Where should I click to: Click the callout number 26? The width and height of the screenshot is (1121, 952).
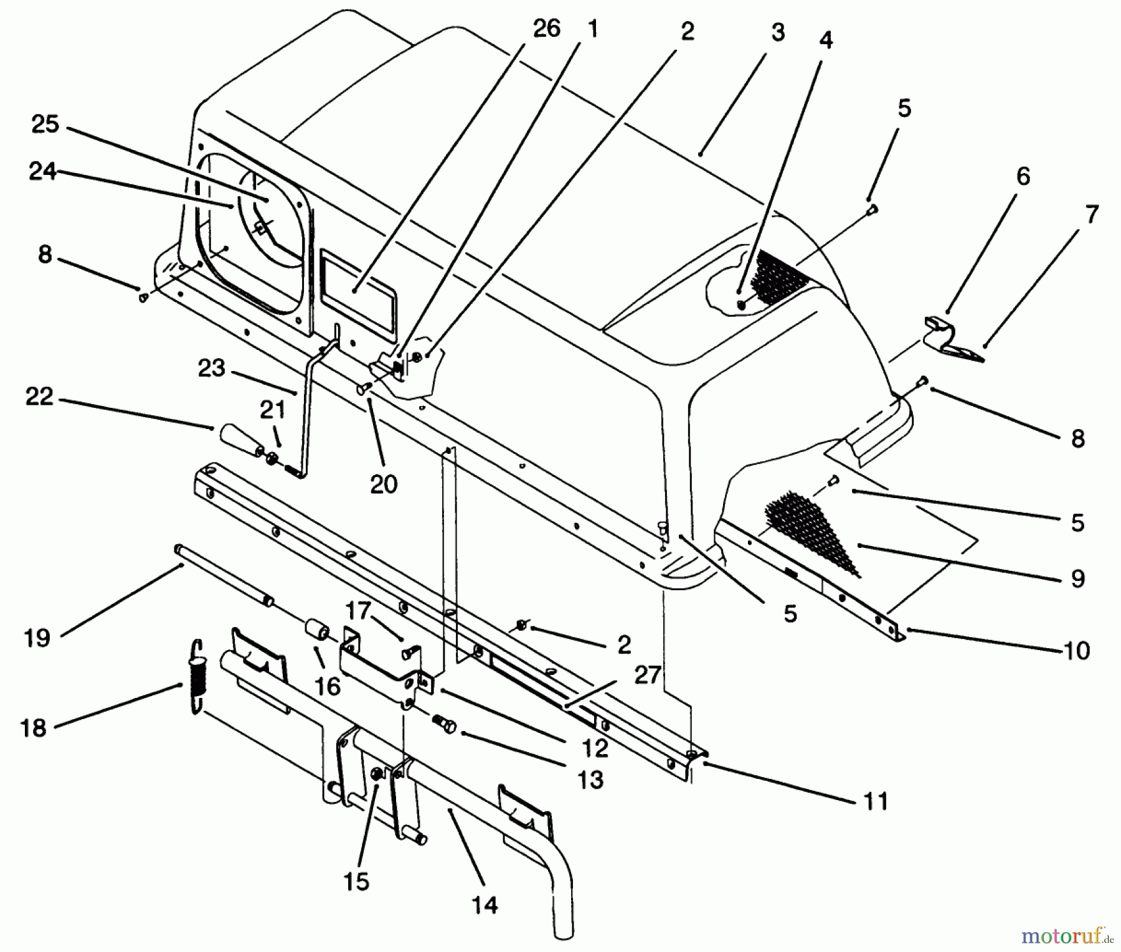coord(547,29)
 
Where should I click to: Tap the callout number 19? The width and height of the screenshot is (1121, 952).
coord(37,638)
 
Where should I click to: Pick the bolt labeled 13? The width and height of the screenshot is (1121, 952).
coord(443,723)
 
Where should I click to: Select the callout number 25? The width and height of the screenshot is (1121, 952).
coord(45,123)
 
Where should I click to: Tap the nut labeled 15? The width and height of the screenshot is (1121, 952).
coord(377,774)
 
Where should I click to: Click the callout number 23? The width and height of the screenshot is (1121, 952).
coord(211,368)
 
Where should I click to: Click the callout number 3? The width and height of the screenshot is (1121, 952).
coord(778,33)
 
